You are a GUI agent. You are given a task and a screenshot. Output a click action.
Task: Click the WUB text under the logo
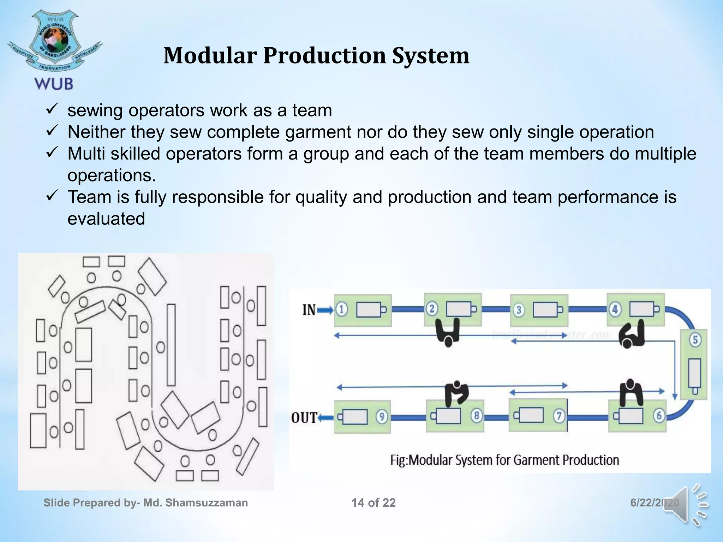[54, 84]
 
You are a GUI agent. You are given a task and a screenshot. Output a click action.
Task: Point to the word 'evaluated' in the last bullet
[106, 219]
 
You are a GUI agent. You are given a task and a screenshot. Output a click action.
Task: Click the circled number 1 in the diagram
[341, 309]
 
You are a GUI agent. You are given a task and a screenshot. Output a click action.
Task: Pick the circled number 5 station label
[695, 340]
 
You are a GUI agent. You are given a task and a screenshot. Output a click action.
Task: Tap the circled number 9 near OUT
[382, 417]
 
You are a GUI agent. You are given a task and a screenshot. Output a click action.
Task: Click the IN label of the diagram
[309, 310]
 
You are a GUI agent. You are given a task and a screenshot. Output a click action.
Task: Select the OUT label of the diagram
[304, 418]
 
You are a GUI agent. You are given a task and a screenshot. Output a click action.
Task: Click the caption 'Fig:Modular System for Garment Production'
[504, 460]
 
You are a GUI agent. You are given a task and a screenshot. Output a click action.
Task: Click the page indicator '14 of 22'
[374, 502]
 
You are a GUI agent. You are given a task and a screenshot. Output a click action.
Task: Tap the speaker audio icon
[686, 505]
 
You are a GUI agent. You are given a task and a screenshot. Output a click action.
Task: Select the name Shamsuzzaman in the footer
[207, 502]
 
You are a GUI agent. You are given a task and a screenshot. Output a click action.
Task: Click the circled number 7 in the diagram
[559, 416]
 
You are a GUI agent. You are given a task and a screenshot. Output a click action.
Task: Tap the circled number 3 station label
[519, 310]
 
